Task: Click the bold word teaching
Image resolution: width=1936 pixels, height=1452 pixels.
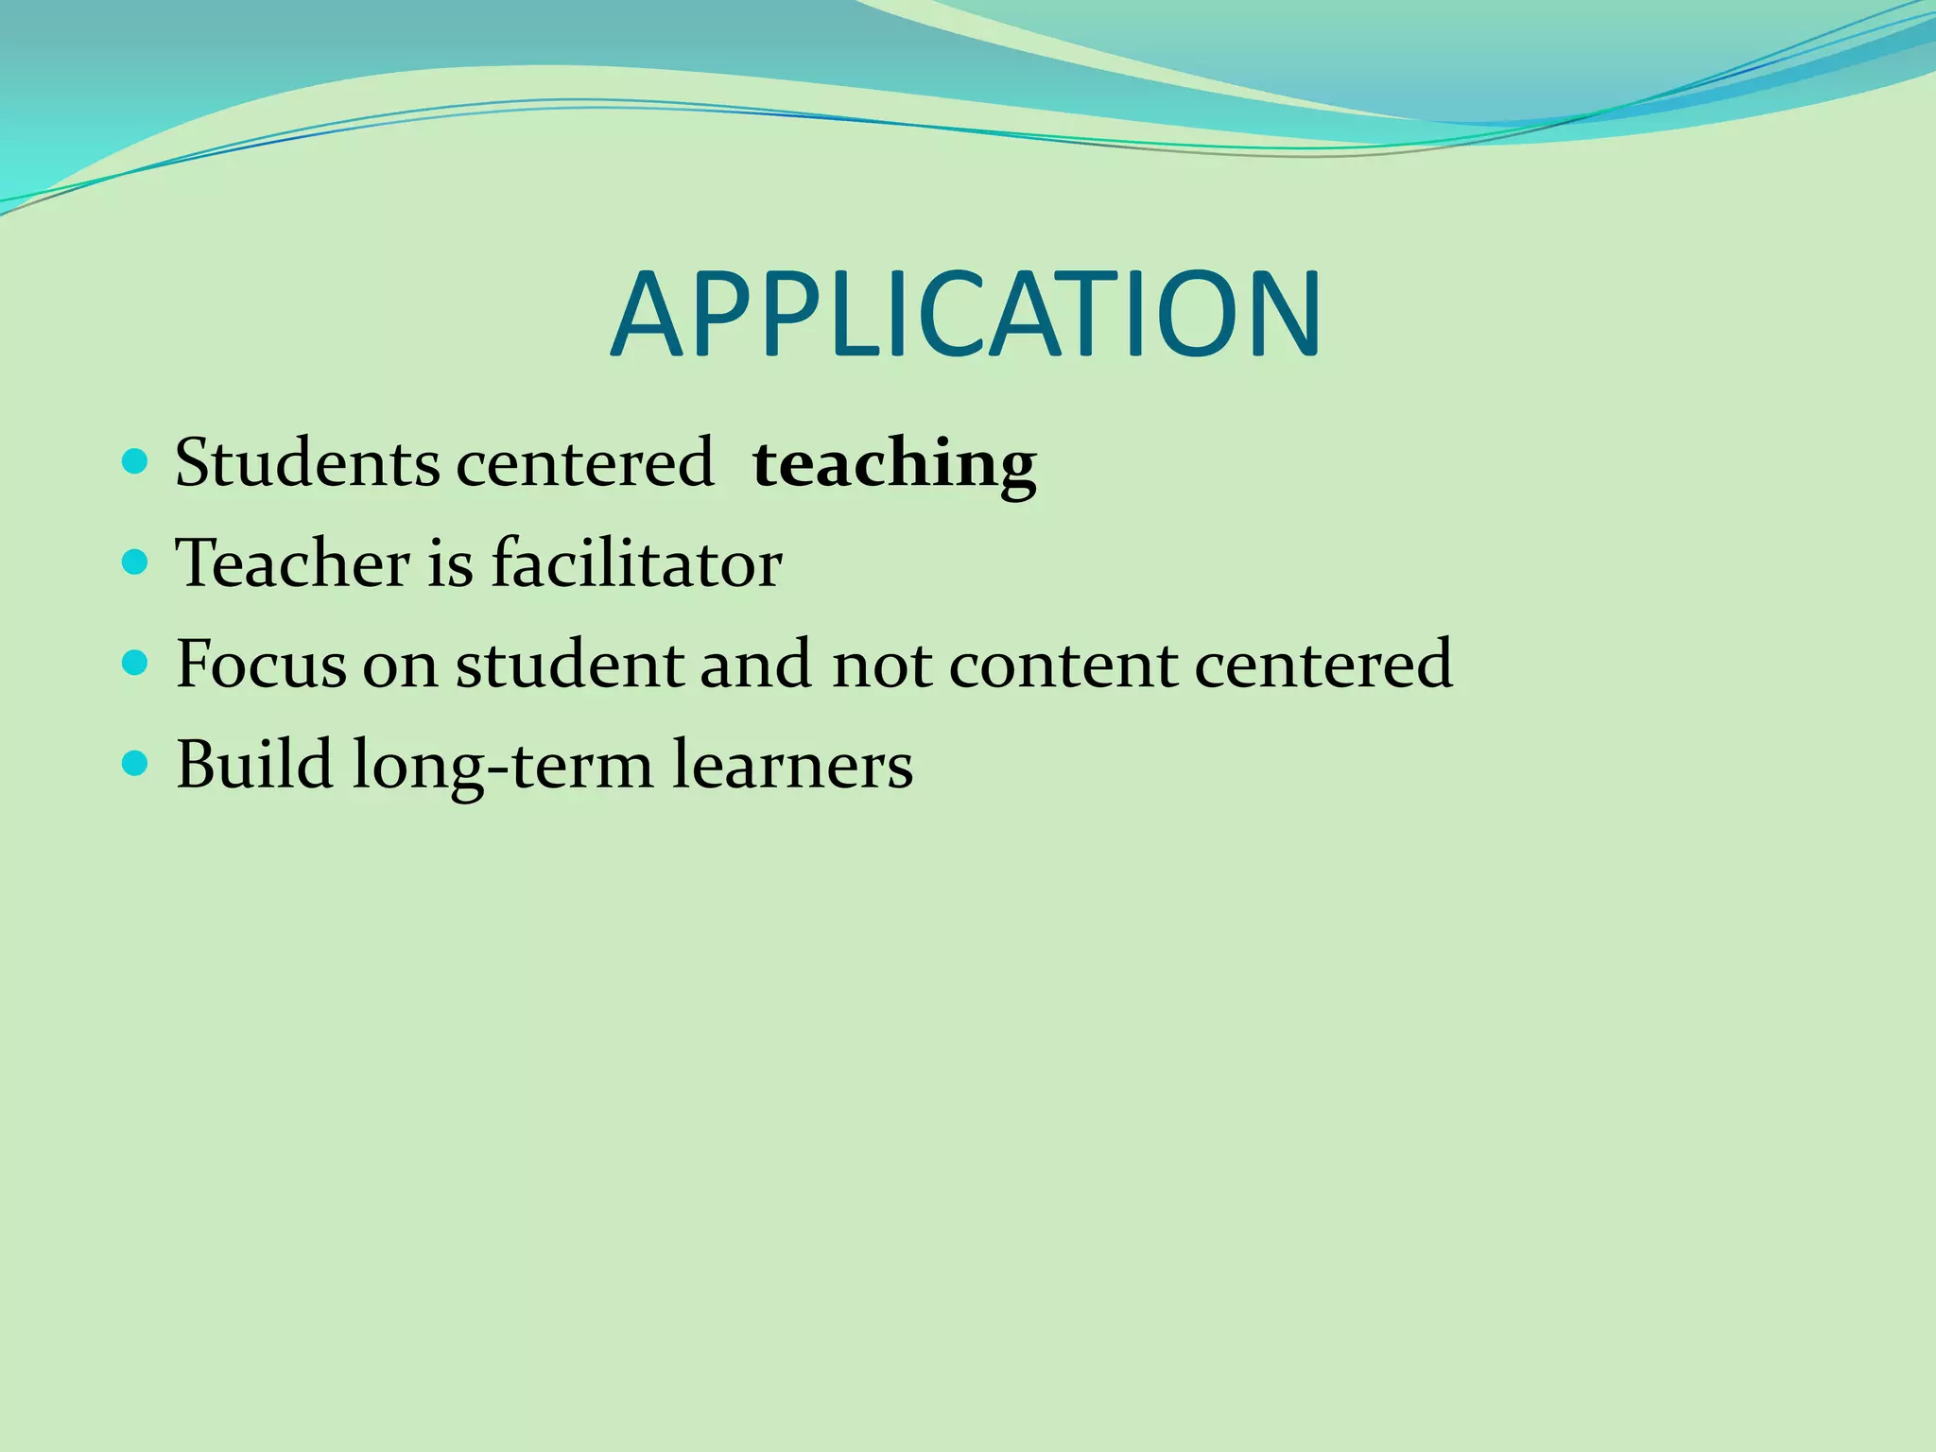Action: point(894,464)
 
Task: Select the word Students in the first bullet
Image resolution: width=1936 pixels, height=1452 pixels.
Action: point(307,462)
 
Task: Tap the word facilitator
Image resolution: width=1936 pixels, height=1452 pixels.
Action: point(636,563)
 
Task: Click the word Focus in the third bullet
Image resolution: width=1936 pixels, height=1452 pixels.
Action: point(261,664)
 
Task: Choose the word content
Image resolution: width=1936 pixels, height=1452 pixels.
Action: point(1063,664)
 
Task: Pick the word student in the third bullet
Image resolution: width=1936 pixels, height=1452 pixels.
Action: point(569,664)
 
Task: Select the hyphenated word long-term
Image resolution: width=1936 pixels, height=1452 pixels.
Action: point(502,766)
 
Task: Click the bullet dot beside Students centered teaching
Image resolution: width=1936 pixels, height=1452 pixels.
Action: point(136,462)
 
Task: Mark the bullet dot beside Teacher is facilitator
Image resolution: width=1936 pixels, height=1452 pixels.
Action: point(136,563)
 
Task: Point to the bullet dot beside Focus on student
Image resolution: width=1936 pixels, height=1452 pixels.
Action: point(136,664)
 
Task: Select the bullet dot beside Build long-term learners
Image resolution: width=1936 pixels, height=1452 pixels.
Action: point(136,764)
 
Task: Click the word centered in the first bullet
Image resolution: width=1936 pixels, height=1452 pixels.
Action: point(584,462)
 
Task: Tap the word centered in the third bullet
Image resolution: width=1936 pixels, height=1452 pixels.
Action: point(1323,664)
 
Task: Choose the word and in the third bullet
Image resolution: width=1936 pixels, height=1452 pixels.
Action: point(755,664)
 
